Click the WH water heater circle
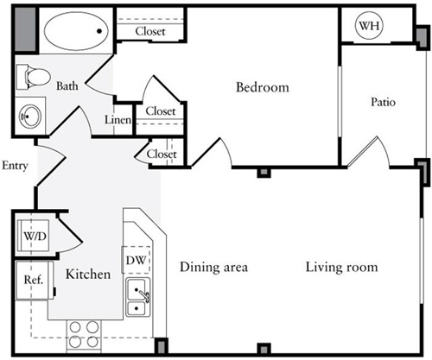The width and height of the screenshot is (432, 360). [x=369, y=26]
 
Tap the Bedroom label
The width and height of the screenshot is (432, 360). [x=263, y=87]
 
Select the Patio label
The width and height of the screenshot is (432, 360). [x=383, y=102]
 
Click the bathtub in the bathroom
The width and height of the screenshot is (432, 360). [x=76, y=31]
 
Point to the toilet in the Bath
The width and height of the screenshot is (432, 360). [x=33, y=77]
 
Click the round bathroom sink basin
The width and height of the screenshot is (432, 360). [x=30, y=116]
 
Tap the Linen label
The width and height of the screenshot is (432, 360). [x=118, y=120]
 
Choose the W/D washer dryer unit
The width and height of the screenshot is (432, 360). [x=33, y=236]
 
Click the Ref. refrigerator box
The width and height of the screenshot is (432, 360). [x=35, y=280]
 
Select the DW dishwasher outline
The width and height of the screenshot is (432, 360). [x=136, y=260]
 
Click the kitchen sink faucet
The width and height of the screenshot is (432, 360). [x=143, y=295]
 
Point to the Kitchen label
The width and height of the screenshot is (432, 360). [x=88, y=275]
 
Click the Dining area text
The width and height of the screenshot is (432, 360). [x=213, y=267]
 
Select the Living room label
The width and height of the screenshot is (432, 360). [x=341, y=267]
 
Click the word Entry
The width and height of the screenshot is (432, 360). [x=15, y=166]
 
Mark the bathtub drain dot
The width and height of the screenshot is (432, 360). [x=99, y=31]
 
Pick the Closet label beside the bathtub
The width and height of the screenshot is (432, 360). [x=150, y=31]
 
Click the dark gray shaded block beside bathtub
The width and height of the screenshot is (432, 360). [x=25, y=29]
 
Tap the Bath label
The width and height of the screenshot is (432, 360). [x=67, y=85]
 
